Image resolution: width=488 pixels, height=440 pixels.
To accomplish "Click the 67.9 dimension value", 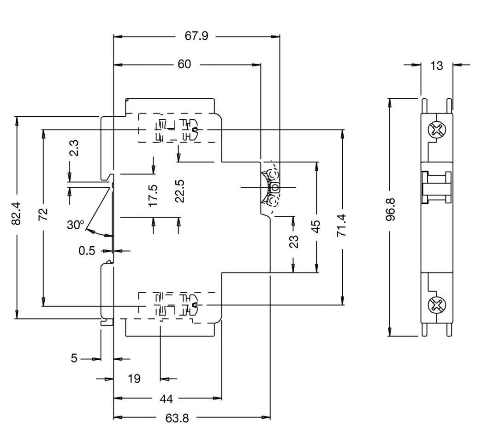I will pos(197,36).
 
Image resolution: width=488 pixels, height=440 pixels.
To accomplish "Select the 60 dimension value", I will pos(184,65).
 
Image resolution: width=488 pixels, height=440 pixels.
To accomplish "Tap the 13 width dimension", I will pos(436,65).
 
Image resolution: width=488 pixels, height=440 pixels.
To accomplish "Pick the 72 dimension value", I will pos(43,214).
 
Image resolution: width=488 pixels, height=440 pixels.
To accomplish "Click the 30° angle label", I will pos(76,225).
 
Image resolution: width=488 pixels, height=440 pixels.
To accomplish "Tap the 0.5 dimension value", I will pos(87,250).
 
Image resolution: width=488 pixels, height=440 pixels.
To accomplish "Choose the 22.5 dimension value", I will pos(180,190).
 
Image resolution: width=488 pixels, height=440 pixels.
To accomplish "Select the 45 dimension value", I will pos(316,227).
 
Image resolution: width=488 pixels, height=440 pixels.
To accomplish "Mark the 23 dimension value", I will pos(294,241).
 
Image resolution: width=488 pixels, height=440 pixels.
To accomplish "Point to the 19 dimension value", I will pos(134,379).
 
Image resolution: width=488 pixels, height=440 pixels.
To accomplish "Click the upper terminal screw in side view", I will pos(437,130).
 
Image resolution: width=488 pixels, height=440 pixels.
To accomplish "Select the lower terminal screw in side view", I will pos(436,304).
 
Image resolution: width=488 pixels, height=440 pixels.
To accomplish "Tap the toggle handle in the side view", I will pos(436,186).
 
